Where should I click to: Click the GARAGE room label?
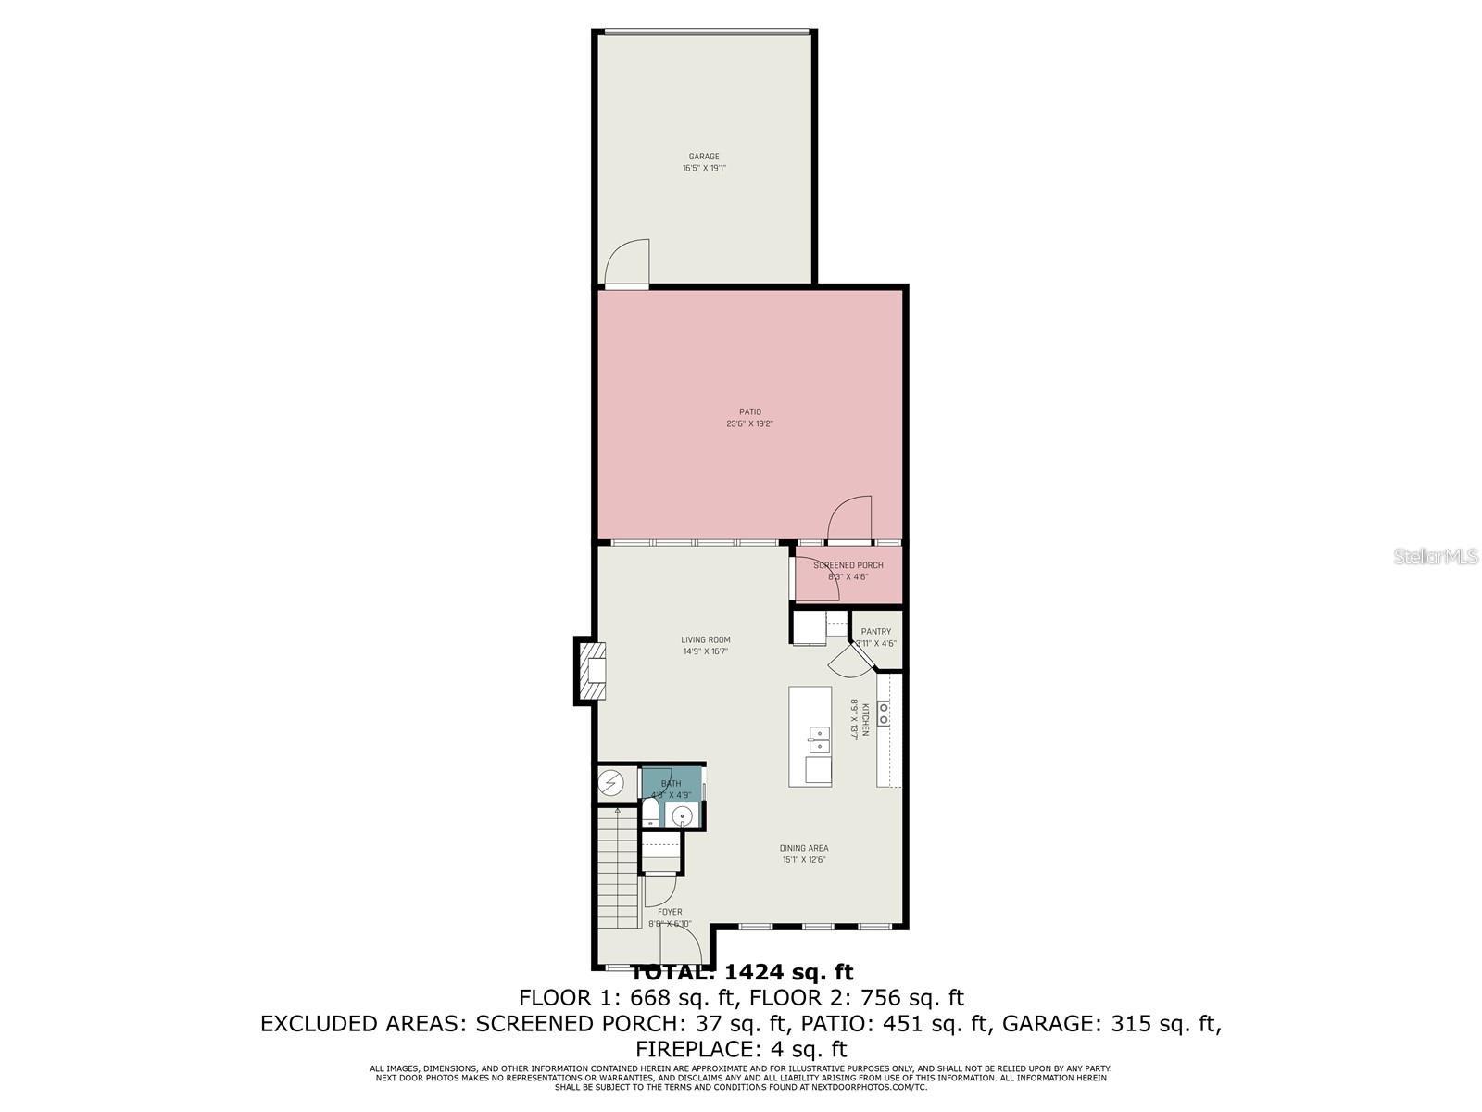pyautogui.click(x=704, y=157)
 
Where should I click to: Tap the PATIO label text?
pyautogui.click(x=749, y=411)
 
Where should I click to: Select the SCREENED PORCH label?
pyautogui.click(x=848, y=565)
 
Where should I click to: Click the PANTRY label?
pyautogui.click(x=875, y=632)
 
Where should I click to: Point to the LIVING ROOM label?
pyautogui.click(x=706, y=639)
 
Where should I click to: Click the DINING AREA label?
pyautogui.click(x=803, y=848)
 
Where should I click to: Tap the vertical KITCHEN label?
pyautogui.click(x=866, y=719)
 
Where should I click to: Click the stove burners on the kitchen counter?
pyautogui.click(x=884, y=713)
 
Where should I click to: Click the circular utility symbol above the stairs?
pyautogui.click(x=611, y=784)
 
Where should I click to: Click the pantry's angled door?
pyautogui.click(x=848, y=661)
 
